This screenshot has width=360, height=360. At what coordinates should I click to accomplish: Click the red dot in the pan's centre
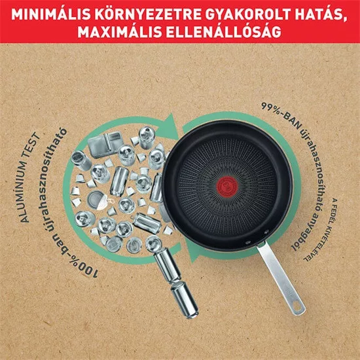coord(227,186)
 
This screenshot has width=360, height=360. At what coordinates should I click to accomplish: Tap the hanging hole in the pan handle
coord(297,306)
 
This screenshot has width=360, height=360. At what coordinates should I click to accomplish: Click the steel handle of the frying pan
coord(281,278)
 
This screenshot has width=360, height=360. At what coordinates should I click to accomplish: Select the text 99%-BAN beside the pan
coord(282,116)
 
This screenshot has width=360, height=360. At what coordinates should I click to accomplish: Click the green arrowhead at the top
coord(170,127)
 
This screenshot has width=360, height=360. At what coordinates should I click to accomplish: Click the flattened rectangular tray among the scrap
coord(105,144)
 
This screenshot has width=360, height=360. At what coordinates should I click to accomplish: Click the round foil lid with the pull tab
coord(97,200)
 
